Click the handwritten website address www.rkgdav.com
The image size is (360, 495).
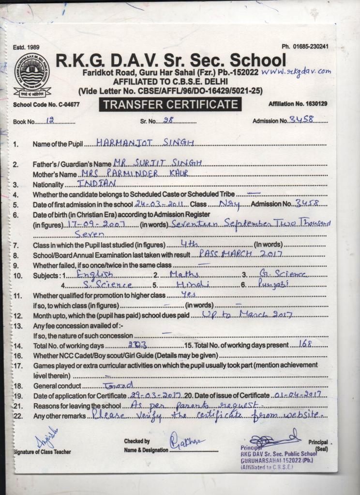click(x=296, y=72)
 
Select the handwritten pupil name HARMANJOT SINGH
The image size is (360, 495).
click(x=145, y=143)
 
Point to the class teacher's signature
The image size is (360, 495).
click(x=47, y=439)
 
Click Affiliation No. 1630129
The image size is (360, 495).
click(x=298, y=104)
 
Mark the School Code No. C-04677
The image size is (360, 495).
click(x=46, y=104)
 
